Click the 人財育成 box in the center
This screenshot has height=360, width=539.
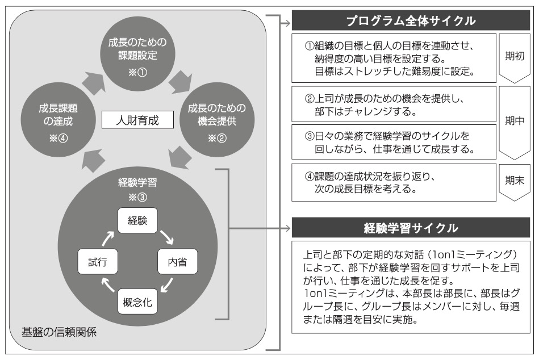coord(137,120)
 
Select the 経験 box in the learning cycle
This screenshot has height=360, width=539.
coord(137,220)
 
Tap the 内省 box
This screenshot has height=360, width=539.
coord(177,261)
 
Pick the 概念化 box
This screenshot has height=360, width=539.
coord(137,302)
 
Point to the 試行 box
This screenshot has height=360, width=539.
coord(98,261)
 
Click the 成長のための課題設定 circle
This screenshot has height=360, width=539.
coord(137,54)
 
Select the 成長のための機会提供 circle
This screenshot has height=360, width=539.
coord(217,120)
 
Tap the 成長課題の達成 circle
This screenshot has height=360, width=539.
coord(58,120)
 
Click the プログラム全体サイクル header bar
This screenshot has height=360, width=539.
coord(411,20)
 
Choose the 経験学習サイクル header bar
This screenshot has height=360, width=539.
coord(411,228)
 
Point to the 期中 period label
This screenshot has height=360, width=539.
coord(515,121)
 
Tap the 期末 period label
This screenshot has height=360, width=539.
coord(515,181)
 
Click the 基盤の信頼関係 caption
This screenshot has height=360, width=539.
coord(59,332)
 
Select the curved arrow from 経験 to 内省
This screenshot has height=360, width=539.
coord(167,237)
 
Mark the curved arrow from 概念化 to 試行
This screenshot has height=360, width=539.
coord(108,285)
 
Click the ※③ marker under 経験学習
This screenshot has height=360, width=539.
coord(137,197)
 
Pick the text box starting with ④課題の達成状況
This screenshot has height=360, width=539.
coord(394,182)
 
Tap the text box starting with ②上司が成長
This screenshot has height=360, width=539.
coord(394,104)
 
